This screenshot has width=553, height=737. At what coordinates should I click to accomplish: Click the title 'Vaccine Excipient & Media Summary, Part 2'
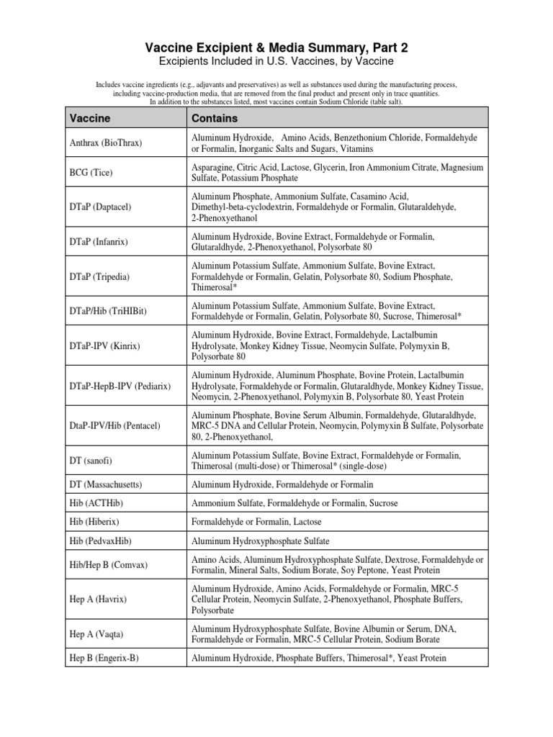[x=276, y=48]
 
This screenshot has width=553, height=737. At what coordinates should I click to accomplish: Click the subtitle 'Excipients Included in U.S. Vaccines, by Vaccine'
[x=276, y=63]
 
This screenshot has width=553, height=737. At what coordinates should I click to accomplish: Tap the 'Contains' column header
[x=215, y=117]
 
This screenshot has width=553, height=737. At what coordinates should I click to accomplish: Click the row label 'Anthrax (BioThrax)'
[x=106, y=143]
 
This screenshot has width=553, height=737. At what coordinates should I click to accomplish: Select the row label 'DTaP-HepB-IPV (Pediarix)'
[x=120, y=386]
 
